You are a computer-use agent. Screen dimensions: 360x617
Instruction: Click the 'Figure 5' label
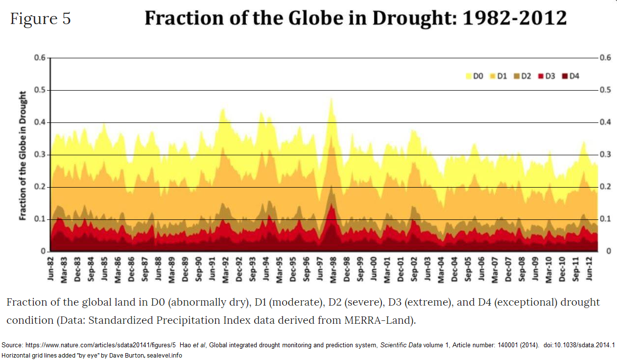point(41,19)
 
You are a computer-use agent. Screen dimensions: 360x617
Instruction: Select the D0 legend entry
point(475,76)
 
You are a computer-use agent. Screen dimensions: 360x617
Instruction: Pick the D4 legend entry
point(571,76)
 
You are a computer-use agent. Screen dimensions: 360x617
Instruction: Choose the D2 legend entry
point(522,76)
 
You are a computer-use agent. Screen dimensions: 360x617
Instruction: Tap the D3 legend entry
point(546,76)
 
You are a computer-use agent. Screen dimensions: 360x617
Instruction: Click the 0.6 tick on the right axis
point(605,58)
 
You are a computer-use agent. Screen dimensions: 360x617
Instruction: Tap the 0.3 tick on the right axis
point(605,155)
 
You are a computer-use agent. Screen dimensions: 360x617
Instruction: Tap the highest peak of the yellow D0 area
point(332,99)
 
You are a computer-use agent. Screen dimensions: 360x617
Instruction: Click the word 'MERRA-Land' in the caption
point(377,320)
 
